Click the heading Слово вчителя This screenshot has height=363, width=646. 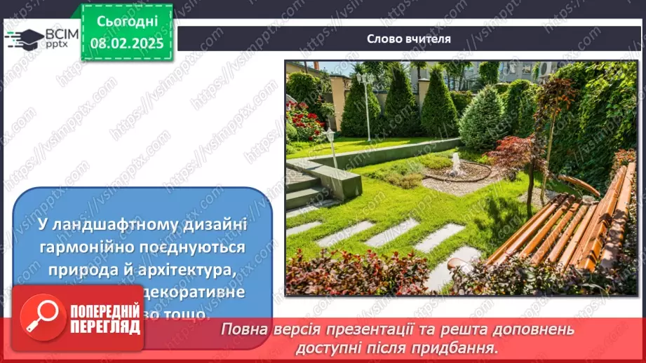point(409,39)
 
